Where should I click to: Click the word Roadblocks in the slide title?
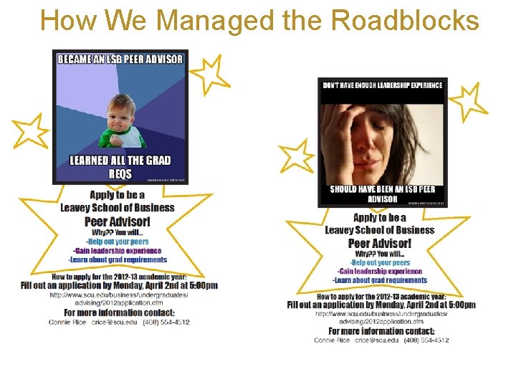tap(406, 21)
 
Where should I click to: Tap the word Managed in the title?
tap(214, 21)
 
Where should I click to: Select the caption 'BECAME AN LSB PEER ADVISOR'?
tap(120, 59)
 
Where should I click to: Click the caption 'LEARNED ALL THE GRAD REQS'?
tap(120, 166)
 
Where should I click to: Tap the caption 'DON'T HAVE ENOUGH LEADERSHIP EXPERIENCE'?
tap(383, 85)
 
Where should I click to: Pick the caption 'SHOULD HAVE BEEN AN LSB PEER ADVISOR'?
tap(382, 194)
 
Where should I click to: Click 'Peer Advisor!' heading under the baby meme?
tap(117, 221)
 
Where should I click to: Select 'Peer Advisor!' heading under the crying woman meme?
tap(380, 244)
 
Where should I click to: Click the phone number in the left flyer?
tap(166, 322)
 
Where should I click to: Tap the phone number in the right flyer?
tap(426, 340)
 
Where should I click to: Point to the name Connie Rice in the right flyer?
tap(332, 340)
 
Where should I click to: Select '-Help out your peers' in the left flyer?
tap(118, 242)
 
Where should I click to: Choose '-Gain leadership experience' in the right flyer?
tap(380, 272)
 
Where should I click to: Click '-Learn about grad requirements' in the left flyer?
tap(118, 259)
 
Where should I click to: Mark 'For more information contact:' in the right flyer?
tap(381, 331)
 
